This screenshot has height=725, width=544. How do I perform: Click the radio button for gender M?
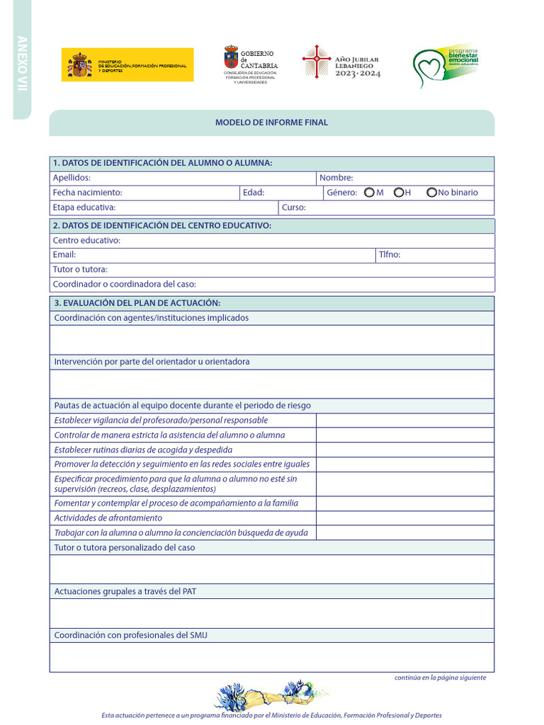tap(369, 193)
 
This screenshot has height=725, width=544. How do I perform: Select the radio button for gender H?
tap(399, 193)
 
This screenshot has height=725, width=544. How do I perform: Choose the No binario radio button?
tap(431, 193)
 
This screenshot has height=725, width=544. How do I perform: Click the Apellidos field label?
tap(72, 178)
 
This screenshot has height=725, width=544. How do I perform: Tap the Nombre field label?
tap(336, 178)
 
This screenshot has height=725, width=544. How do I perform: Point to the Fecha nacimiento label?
tap(87, 193)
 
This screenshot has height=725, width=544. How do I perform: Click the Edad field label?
tap(253, 193)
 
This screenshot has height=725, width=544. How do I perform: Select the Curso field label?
tap(293, 207)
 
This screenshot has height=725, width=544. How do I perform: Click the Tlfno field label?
tap(389, 254)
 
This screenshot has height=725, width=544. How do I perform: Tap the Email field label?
tap(64, 254)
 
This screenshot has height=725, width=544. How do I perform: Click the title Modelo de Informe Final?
tap(271, 122)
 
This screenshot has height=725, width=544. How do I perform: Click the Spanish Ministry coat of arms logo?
tap(79, 65)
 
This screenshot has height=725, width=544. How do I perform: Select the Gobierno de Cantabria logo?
tap(232, 58)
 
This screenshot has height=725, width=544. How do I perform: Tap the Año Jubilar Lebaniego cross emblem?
tap(315, 62)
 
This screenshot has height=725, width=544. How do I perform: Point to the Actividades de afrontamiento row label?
tap(108, 518)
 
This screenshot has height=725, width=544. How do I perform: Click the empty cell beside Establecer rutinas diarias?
tap(404, 450)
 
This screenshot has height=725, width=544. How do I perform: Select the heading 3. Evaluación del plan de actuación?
tap(137, 303)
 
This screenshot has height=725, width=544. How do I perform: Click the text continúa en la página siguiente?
tap(440, 678)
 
